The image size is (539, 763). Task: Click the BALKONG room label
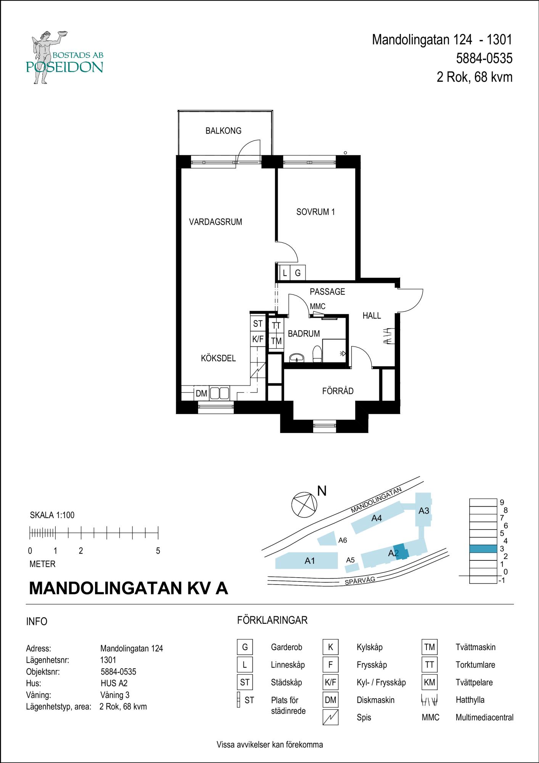[223, 131]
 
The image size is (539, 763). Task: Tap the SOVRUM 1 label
[315, 212]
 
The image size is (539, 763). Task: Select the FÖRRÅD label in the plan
[338, 391]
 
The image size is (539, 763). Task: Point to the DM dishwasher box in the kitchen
[201, 393]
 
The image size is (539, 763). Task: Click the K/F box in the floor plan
[258, 339]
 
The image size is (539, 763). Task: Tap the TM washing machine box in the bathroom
[276, 341]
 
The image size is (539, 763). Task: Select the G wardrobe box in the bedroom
[298, 273]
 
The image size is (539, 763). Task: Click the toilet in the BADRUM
[317, 354]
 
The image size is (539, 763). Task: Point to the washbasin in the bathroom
[297, 358]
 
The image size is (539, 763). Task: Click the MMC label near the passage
[317, 306]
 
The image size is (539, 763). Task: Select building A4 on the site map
[376, 518]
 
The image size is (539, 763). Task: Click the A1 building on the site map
[309, 560]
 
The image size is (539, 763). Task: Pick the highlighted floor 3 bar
[483, 549]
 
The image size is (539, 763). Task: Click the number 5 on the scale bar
[158, 551]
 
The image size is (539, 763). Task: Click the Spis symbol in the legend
[330, 717]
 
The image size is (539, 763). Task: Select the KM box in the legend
[429, 682]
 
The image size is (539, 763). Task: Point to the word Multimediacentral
[484, 718]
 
